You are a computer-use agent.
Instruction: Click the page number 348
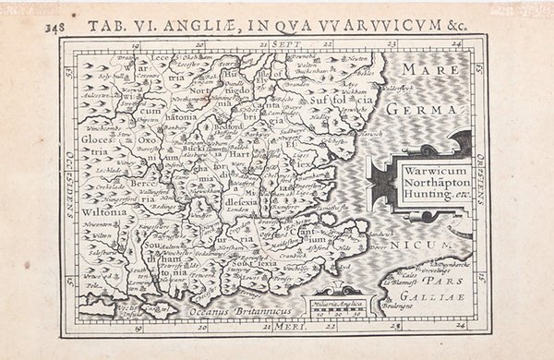(x=56, y=26)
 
